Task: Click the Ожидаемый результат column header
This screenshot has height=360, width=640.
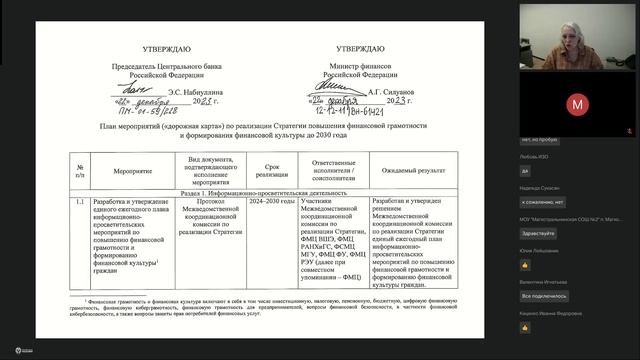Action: coord(415,171)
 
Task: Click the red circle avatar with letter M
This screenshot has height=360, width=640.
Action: coord(576,104)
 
